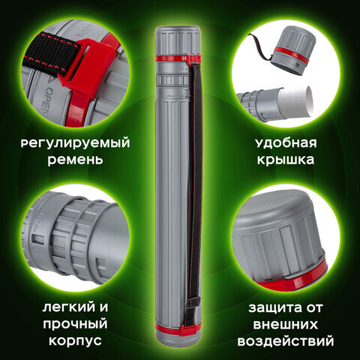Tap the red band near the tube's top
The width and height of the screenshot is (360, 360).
(179, 57)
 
